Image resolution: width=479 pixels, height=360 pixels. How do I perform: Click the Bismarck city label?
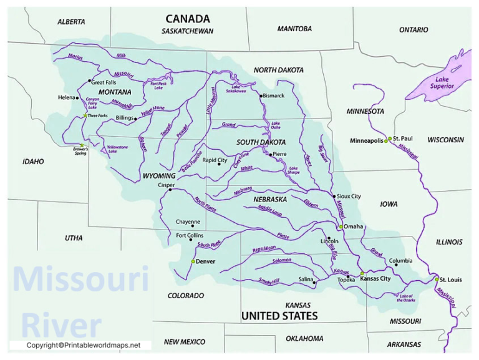click(x=273, y=95)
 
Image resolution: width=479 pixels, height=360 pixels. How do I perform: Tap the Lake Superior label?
click(x=442, y=82)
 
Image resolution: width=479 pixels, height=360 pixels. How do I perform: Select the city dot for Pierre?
click(x=271, y=154)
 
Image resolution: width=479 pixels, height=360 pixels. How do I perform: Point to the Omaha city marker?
click(x=341, y=226)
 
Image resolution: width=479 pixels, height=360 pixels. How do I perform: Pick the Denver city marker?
click(x=193, y=261)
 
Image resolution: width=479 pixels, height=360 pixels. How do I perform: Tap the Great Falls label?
click(x=104, y=82)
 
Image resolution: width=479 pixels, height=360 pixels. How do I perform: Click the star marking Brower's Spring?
click(x=82, y=145)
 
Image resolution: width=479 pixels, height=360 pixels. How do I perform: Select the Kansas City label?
click(x=377, y=278)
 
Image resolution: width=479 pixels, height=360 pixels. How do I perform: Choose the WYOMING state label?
click(x=159, y=176)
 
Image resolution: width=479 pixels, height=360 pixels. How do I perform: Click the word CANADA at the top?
click(x=188, y=19)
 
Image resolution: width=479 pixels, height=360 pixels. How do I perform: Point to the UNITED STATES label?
click(x=279, y=316)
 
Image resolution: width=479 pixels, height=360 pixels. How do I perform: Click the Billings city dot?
click(x=135, y=118)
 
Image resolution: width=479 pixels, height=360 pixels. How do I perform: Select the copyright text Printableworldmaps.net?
click(x=84, y=345)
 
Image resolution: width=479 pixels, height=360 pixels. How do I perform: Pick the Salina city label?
click(x=306, y=280)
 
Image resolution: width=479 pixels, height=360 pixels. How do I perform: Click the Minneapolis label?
click(x=366, y=140)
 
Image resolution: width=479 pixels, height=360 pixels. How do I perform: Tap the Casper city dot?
click(x=170, y=190)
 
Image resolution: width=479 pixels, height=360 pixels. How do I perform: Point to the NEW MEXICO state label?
click(x=185, y=342)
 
